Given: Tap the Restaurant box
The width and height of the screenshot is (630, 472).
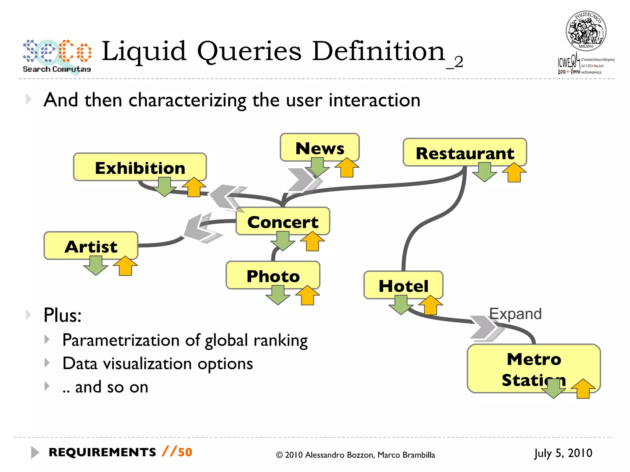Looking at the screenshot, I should point(465,152).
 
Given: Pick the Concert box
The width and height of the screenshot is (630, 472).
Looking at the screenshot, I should point(283,221).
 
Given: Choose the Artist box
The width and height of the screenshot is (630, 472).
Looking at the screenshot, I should point(91,246).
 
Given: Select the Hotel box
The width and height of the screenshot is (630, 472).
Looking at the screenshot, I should point(403,285).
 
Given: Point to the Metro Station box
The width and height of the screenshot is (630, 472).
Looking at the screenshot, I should point(534,368).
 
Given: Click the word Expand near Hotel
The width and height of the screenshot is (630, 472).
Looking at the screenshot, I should point(515,314).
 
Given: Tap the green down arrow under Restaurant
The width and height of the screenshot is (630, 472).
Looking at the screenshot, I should point(484,172).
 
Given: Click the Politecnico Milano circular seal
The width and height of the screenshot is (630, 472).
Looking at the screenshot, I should point(586,31).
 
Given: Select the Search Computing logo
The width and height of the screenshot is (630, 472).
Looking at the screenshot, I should point(57,56).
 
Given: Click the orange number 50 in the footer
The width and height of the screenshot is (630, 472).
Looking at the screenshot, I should point(185,452).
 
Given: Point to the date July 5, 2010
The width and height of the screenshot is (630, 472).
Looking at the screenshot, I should point(563,453).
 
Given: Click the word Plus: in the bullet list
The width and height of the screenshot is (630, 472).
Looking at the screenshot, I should point(63,315).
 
